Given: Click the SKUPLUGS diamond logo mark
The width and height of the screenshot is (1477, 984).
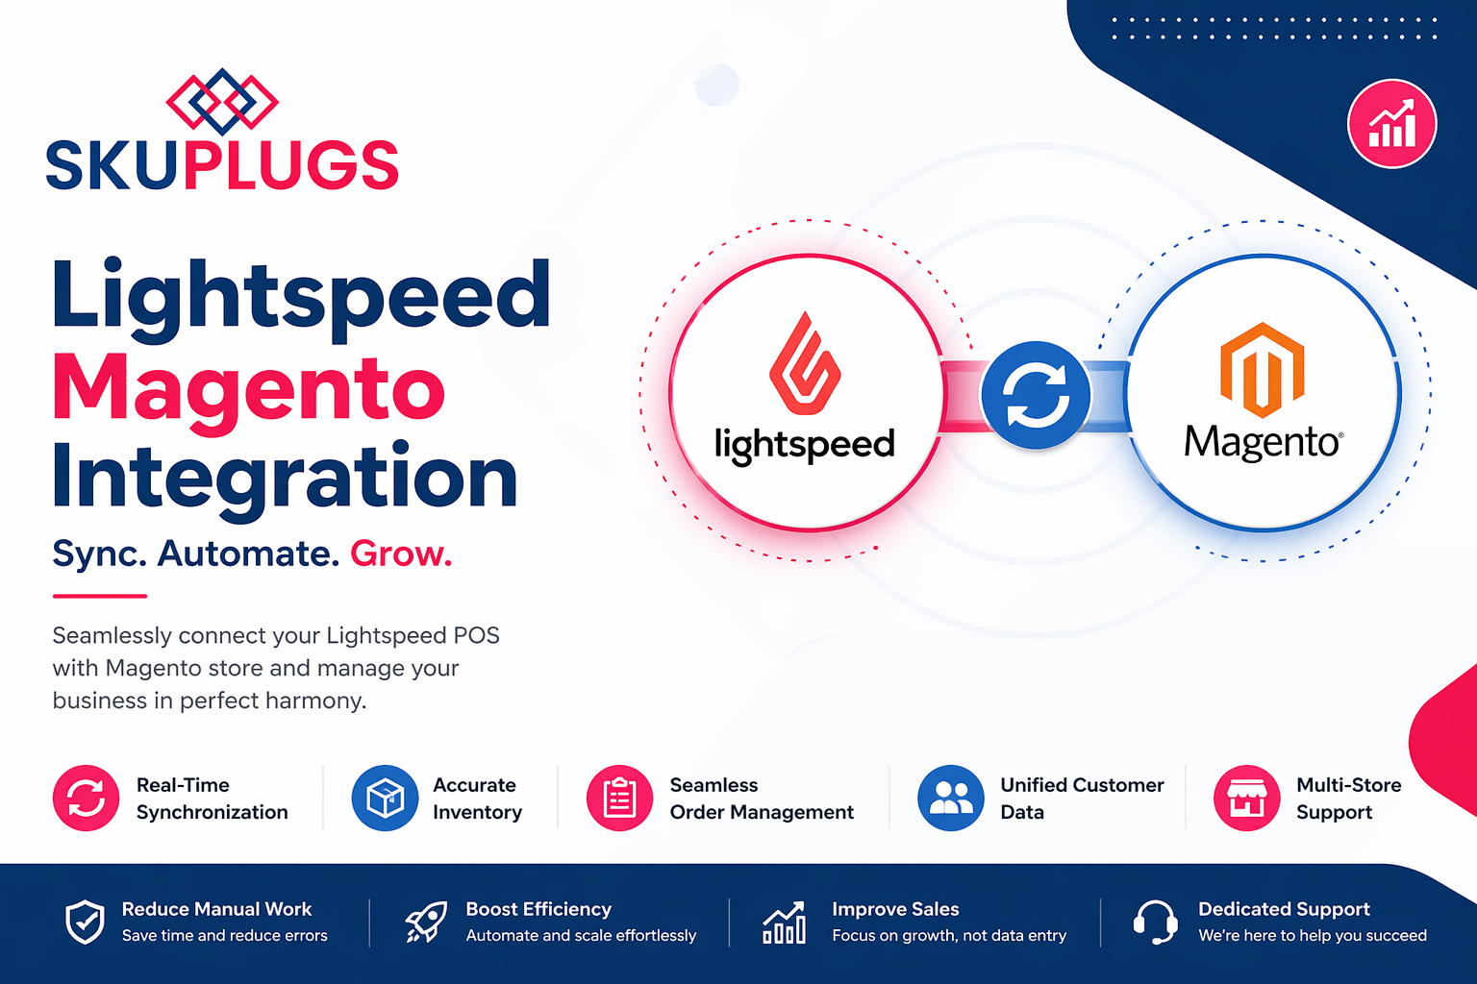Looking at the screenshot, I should pyautogui.click(x=222, y=101).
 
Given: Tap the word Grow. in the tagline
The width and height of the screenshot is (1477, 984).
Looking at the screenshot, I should pyautogui.click(x=400, y=553).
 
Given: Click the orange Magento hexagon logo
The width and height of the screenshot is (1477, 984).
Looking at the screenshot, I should pyautogui.click(x=1262, y=370).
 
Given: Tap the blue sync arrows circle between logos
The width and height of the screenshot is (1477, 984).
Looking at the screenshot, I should pyautogui.click(x=1036, y=395).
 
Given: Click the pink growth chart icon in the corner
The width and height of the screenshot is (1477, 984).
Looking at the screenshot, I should pyautogui.click(x=1391, y=124).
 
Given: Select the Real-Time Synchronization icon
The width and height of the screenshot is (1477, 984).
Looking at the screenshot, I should pyautogui.click(x=87, y=798).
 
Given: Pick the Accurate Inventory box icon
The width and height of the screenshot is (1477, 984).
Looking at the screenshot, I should pyautogui.click(x=385, y=798).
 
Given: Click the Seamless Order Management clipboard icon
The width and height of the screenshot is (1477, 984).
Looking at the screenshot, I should pyautogui.click(x=619, y=798).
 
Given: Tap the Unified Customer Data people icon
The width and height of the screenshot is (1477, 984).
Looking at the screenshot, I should pyautogui.click(x=951, y=798).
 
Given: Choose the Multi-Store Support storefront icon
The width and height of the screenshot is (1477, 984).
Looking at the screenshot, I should pyautogui.click(x=1246, y=798).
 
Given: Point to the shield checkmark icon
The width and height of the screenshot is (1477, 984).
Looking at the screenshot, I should pyautogui.click(x=85, y=922).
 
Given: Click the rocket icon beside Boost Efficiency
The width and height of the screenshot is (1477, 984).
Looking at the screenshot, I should pyautogui.click(x=425, y=922).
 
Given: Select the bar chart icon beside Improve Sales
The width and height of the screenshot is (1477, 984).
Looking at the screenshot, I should pyautogui.click(x=784, y=922).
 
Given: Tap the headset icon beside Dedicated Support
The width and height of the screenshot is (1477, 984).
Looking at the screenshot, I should pyautogui.click(x=1155, y=922).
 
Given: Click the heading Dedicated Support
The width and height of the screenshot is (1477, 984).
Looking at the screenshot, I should pyautogui.click(x=1284, y=909).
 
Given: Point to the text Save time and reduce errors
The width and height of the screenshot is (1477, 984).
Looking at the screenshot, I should pyautogui.click(x=224, y=935).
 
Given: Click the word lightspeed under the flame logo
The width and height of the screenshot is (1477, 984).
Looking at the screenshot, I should pyautogui.click(x=804, y=444).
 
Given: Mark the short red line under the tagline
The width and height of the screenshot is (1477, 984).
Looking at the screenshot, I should pyautogui.click(x=99, y=596).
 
